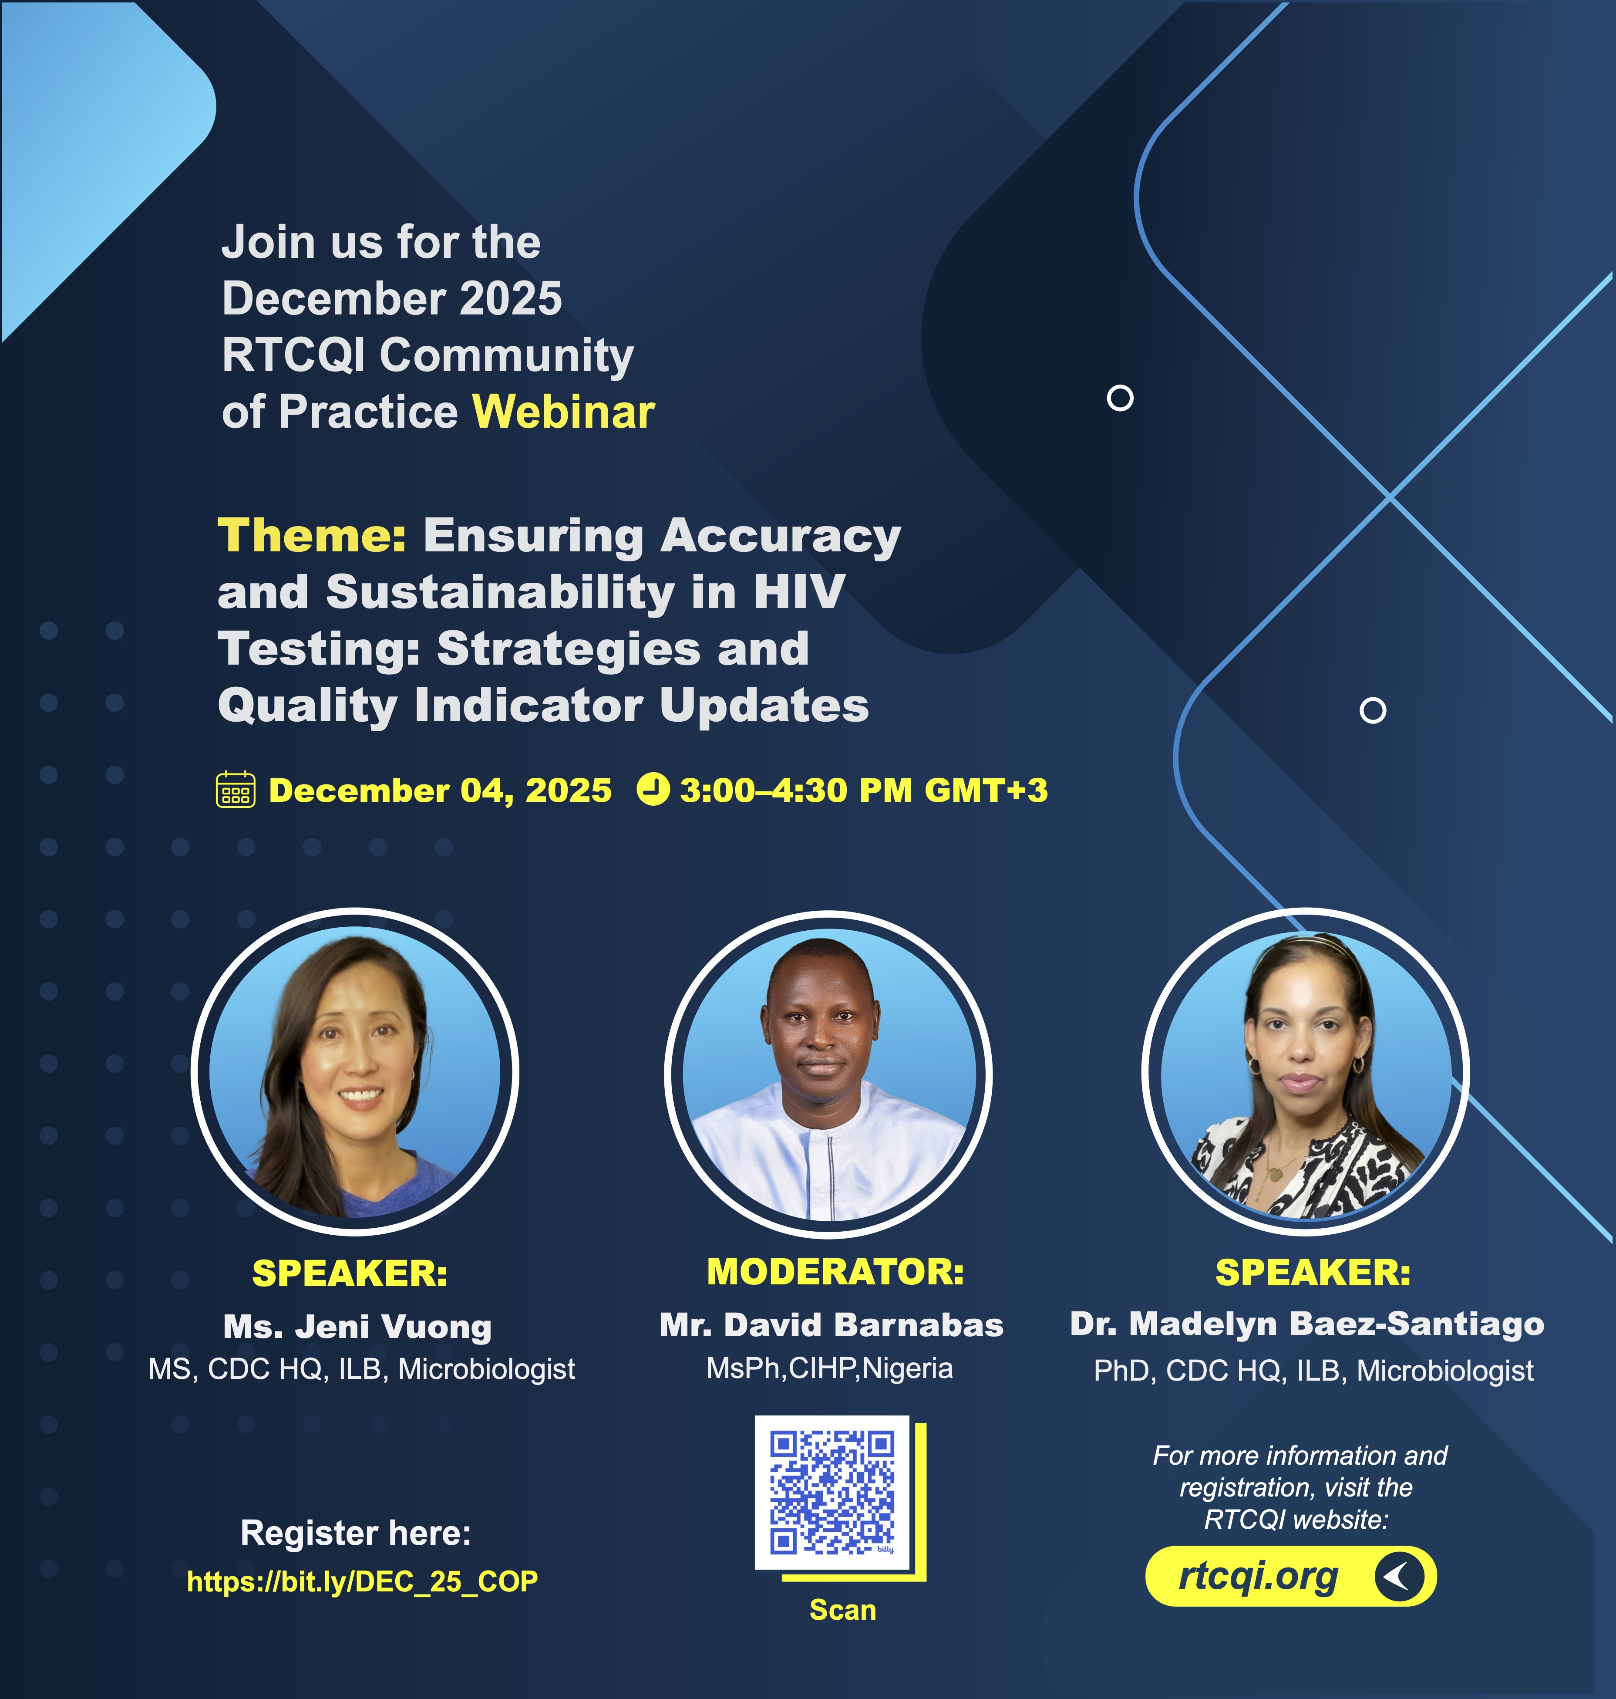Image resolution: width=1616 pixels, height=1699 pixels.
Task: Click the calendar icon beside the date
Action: click(235, 789)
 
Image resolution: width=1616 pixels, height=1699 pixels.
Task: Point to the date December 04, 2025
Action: click(440, 790)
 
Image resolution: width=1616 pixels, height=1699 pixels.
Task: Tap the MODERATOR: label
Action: click(835, 1272)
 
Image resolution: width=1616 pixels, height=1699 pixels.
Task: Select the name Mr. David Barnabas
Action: click(831, 1324)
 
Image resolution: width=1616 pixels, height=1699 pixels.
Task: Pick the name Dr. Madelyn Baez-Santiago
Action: click(1307, 1324)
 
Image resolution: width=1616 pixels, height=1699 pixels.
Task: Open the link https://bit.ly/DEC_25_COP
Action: click(363, 1581)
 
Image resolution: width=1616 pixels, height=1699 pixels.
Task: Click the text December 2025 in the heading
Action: click(392, 298)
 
